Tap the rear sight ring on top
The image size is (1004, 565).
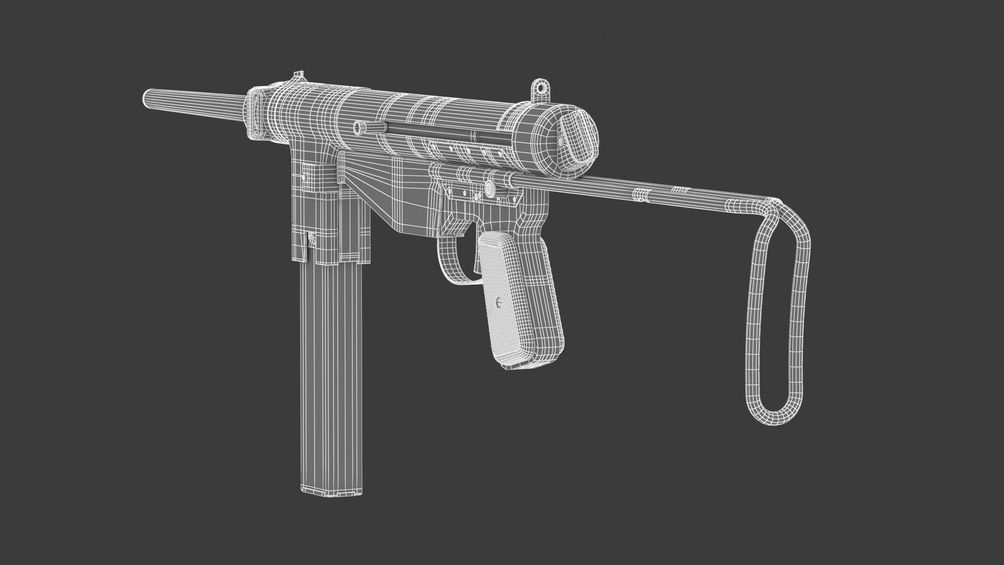(x=540, y=89)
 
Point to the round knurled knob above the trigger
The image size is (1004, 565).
(x=489, y=187)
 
